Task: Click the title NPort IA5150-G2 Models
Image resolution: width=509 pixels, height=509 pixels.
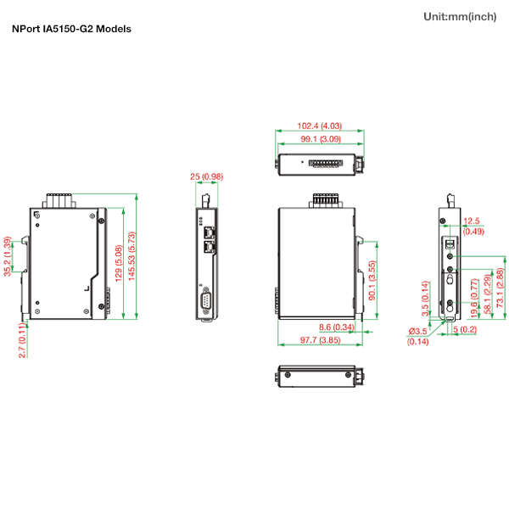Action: click(72, 29)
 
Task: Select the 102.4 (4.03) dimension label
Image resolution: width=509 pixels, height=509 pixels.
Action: click(319, 126)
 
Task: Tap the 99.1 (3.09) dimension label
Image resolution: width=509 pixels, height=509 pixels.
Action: click(319, 138)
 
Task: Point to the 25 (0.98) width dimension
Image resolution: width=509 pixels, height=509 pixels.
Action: click(206, 176)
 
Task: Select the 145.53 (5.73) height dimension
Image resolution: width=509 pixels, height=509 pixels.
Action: click(131, 260)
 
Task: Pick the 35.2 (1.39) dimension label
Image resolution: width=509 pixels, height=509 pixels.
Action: click(8, 256)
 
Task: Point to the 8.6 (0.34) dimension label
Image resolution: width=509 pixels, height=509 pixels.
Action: click(337, 327)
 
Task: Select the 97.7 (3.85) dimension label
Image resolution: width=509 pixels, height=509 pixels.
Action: click(320, 339)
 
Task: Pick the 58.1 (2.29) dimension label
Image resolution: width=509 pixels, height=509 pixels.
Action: click(487, 293)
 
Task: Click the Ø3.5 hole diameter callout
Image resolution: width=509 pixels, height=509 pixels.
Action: click(418, 331)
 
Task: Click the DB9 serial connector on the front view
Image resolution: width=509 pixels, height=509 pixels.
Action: click(205, 302)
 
